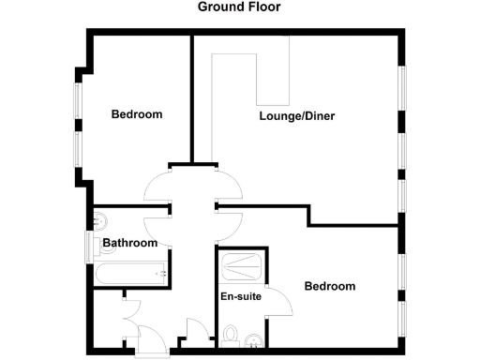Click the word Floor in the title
pos(263,7)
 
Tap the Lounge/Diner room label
pos(297,117)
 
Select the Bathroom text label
pos(129,244)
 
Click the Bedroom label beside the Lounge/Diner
pos(137,115)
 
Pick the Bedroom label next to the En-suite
pos(330,287)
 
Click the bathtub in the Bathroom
pos(130,274)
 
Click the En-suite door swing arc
pos(277,301)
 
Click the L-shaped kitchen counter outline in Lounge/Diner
pos(252,79)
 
